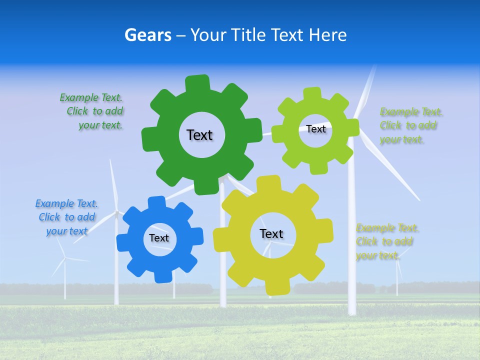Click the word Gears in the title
click(147, 35)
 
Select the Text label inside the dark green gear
click(199, 135)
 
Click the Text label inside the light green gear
click(315, 129)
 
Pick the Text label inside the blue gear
click(159, 238)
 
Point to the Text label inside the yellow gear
click(271, 233)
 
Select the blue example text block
click(66, 217)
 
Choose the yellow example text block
click(387, 242)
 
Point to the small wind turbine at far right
click(397, 272)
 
